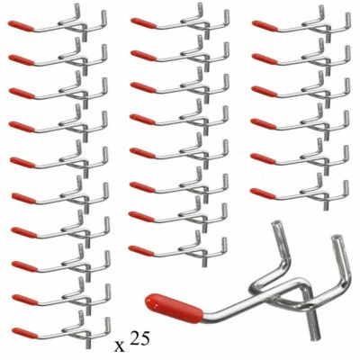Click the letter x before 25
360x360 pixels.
tap(121, 345)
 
